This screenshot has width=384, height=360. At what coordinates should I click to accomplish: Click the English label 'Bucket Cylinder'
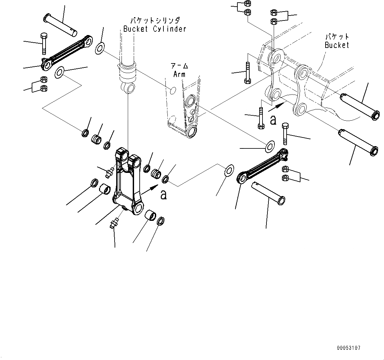pos(155,29)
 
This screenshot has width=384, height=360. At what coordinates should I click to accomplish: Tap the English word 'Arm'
pos(179,74)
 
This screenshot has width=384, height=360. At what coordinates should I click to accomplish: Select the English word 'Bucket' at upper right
pos(337,45)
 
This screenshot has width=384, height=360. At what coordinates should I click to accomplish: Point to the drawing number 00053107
pos(349,348)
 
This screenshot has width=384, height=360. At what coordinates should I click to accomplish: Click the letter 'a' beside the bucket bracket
pos(273,120)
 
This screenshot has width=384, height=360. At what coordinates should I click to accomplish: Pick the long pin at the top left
pos(61,24)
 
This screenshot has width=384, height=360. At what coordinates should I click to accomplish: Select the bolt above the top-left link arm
pos(44,43)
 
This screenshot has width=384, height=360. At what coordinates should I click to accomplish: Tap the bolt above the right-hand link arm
pos(285,133)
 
